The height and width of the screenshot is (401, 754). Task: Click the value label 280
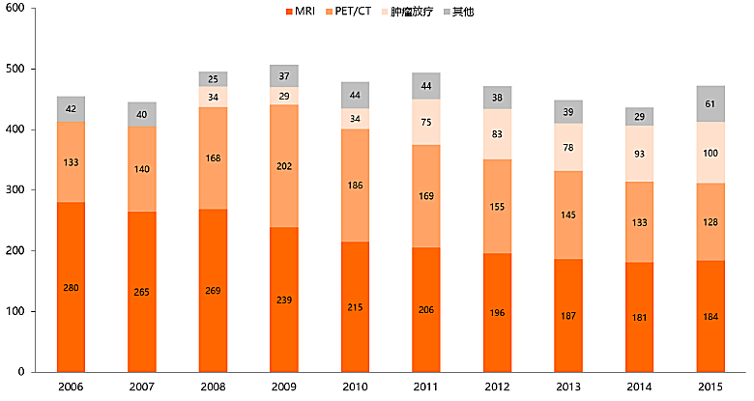click(72, 288)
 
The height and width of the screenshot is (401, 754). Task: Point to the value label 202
click(284, 166)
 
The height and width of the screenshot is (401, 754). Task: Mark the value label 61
click(710, 103)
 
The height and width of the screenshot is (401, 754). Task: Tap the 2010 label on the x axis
click(356, 387)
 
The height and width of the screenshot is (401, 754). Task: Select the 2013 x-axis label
click(568, 387)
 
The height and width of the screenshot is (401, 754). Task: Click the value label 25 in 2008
click(214, 78)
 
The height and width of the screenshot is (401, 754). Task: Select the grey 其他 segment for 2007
click(142, 114)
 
